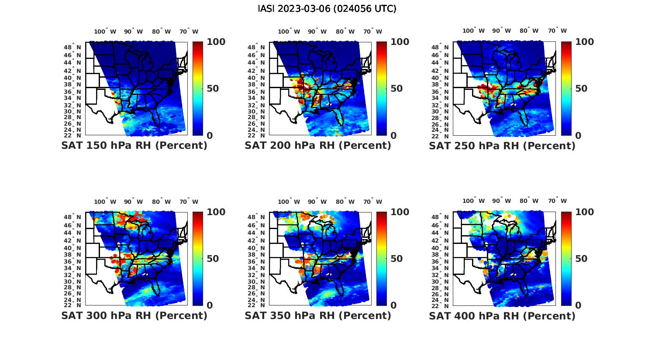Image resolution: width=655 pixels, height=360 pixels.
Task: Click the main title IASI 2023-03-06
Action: (327, 9)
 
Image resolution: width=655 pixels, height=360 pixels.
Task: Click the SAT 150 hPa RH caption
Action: (134, 146)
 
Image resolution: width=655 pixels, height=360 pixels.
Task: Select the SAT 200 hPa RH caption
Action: (318, 146)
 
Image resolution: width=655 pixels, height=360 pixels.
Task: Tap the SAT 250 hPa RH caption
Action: (502, 146)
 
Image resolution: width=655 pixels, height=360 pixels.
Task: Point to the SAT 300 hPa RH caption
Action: (134, 315)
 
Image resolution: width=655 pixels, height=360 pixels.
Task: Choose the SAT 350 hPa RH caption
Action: (318, 315)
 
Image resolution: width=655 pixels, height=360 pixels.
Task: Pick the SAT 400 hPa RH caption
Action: (502, 315)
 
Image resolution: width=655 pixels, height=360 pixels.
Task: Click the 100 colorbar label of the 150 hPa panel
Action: (216, 42)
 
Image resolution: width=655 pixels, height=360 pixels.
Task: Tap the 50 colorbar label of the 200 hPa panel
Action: (396, 89)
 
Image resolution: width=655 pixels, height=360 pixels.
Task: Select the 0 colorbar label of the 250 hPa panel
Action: (578, 136)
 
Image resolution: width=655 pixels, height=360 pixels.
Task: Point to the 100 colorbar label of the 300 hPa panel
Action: (216, 212)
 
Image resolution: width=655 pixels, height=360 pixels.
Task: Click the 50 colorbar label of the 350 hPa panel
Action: (396, 259)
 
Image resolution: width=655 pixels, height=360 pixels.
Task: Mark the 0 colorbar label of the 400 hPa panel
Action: (578, 305)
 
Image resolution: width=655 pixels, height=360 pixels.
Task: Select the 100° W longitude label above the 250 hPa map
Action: (473, 31)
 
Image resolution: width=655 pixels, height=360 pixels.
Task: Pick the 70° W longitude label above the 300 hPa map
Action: (189, 202)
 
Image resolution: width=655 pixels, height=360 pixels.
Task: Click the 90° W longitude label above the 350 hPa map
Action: (317, 202)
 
